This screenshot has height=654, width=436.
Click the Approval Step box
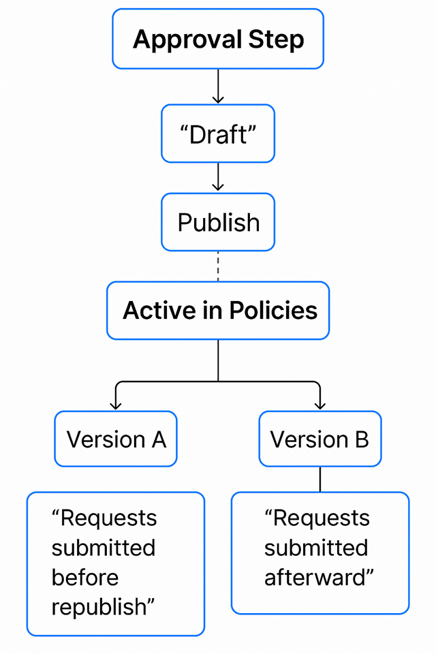click(218, 39)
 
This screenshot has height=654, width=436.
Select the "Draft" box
click(218, 134)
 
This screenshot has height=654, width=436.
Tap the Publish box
click(218, 222)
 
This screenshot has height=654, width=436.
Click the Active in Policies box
click(218, 311)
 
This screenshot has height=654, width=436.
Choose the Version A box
click(116, 439)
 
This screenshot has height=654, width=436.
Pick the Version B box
click(320, 439)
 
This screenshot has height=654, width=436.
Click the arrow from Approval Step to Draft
click(218, 87)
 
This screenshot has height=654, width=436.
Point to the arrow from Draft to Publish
click(218, 177)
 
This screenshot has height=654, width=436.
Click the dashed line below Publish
click(218, 266)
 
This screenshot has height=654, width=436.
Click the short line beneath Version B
click(320, 479)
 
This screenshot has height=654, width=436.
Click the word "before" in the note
click(85, 578)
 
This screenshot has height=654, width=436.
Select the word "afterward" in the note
click(317, 578)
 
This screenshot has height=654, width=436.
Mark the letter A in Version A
click(158, 439)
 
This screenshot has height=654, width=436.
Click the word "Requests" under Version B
click(320, 518)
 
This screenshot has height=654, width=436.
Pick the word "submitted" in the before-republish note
click(104, 548)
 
